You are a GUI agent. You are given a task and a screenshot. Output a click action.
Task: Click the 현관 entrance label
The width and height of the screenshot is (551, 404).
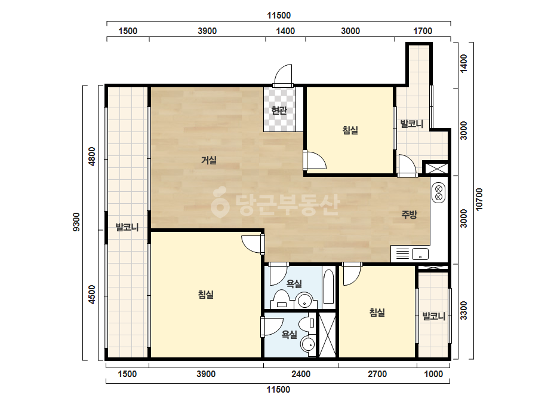tap(279, 110)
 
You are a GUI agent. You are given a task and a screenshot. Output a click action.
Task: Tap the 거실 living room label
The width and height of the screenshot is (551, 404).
tap(209, 160)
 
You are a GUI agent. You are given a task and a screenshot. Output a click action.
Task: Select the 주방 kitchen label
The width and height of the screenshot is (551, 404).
tap(409, 215)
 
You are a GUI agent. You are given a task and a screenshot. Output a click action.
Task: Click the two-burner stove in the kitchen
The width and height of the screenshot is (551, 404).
tap(438, 193)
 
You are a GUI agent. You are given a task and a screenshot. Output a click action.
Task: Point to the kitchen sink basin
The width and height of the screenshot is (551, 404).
tap(420, 253)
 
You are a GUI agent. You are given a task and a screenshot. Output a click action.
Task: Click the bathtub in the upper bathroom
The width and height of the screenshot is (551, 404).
tap(329, 286)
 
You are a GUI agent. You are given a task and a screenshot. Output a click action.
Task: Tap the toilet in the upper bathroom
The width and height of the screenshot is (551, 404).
tap(281, 299)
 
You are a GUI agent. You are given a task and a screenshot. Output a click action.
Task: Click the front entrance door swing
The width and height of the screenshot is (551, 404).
tap(283, 75)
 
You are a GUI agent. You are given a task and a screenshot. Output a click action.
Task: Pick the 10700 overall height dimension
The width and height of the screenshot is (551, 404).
tap(479, 200)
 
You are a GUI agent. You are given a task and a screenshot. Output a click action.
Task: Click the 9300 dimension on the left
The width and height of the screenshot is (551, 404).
tap(76, 222)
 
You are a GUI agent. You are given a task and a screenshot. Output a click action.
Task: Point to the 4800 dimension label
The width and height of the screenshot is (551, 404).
tap(92, 157)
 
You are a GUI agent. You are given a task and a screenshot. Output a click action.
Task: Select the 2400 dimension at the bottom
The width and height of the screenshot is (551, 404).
tap(301, 374)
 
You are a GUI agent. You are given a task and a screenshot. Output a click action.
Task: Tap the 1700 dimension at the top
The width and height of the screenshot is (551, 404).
tap(423, 31)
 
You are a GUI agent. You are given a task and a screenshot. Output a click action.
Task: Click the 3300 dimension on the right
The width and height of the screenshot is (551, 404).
tap(464, 310)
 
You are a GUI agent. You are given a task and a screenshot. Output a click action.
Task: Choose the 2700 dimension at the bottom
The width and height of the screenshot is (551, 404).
tap(377, 374)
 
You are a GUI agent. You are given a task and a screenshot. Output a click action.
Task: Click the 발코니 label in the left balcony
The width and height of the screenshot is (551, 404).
tap(127, 227)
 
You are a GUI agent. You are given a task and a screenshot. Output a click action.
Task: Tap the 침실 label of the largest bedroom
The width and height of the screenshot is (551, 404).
tap(206, 294)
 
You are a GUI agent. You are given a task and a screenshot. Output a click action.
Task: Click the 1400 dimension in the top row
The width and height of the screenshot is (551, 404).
tap(285, 31)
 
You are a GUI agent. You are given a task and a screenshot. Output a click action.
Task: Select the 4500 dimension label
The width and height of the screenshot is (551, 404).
tap(92, 295)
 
